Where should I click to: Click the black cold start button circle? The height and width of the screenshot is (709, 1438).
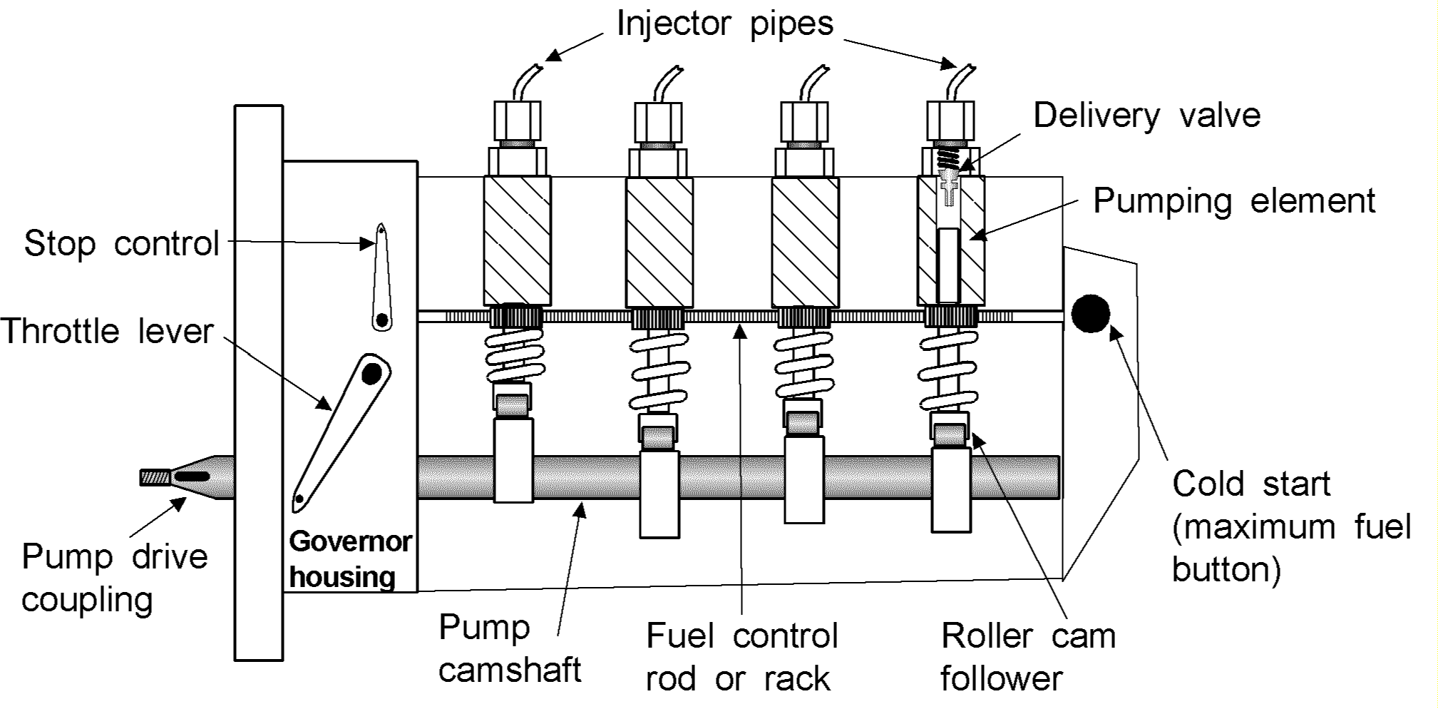point(1090,313)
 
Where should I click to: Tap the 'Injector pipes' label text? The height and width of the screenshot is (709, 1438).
point(724,24)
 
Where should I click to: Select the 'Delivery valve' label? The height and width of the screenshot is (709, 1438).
point(1146,116)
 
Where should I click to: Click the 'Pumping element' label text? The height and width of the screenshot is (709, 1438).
point(1233,201)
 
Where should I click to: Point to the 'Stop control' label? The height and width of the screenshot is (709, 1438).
point(121,244)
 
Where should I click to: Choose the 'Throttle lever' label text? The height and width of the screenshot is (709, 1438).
point(107,332)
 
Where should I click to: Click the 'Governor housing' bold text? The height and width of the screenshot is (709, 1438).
point(349,559)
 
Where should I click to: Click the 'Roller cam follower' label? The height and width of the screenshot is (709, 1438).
point(1027,656)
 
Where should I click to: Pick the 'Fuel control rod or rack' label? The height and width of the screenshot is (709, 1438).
point(741,656)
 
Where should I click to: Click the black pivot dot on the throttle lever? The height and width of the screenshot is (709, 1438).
point(371,373)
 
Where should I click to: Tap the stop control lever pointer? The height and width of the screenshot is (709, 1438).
point(382,278)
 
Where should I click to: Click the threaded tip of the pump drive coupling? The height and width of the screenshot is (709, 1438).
point(154,476)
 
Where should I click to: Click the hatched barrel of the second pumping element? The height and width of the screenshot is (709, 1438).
point(659,243)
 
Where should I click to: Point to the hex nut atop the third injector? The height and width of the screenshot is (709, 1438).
point(804,121)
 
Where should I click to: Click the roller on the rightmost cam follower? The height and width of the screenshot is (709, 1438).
point(949,433)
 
